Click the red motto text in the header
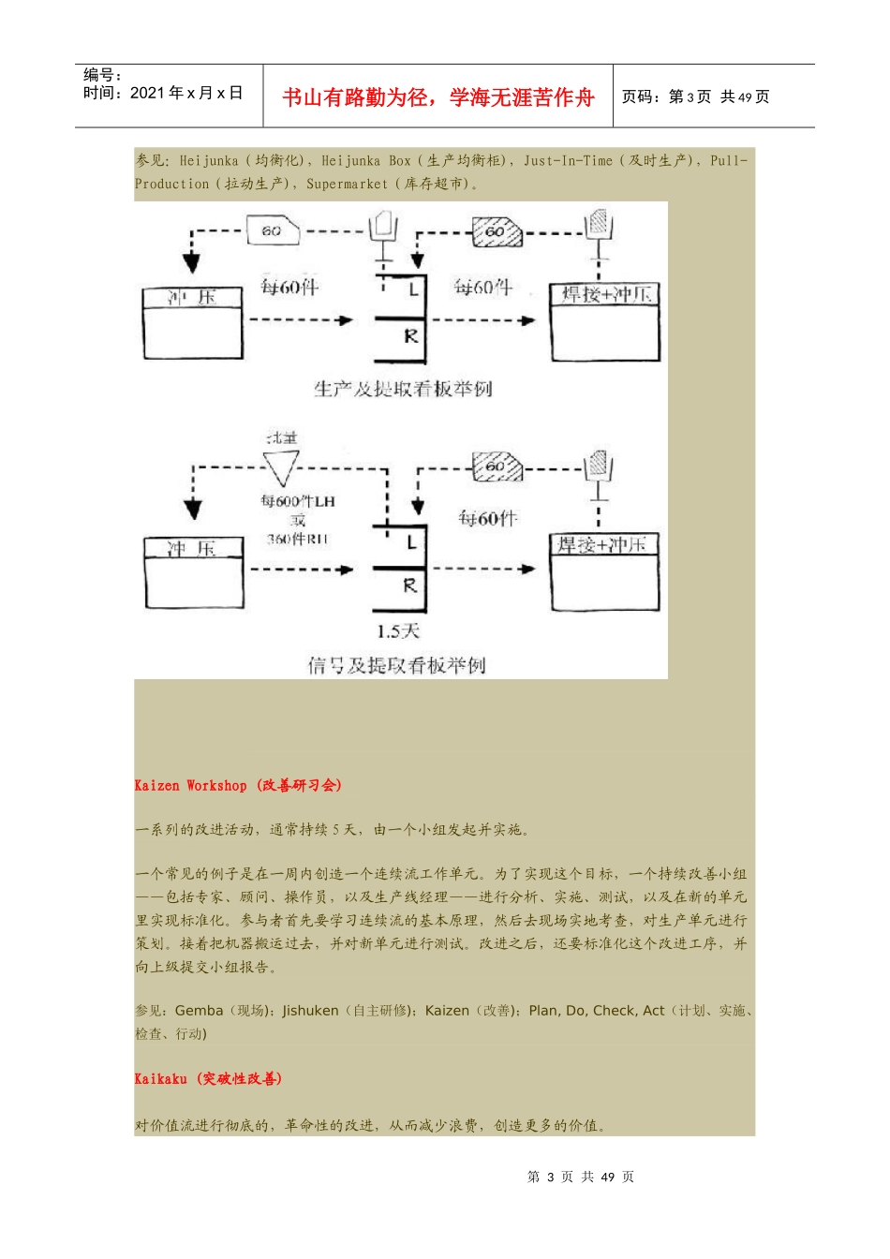pyautogui.click(x=438, y=97)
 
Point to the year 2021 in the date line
pyautogui.click(x=147, y=93)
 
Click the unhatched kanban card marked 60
pyautogui.click(x=273, y=230)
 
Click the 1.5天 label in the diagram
pyautogui.click(x=398, y=631)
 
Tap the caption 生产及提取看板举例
pyautogui.click(x=403, y=389)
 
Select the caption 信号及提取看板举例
pyautogui.click(x=396, y=665)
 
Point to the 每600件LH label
pyautogui.click(x=298, y=501)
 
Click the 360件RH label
pyautogui.click(x=298, y=539)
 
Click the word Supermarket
pyautogui.click(x=347, y=185)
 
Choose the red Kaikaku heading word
pyautogui.click(x=160, y=1079)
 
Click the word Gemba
pyautogui.click(x=199, y=1011)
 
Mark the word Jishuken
pyautogui.click(x=310, y=1011)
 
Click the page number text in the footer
pyautogui.click(x=581, y=1177)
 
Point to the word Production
pyautogui.click(x=171, y=185)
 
